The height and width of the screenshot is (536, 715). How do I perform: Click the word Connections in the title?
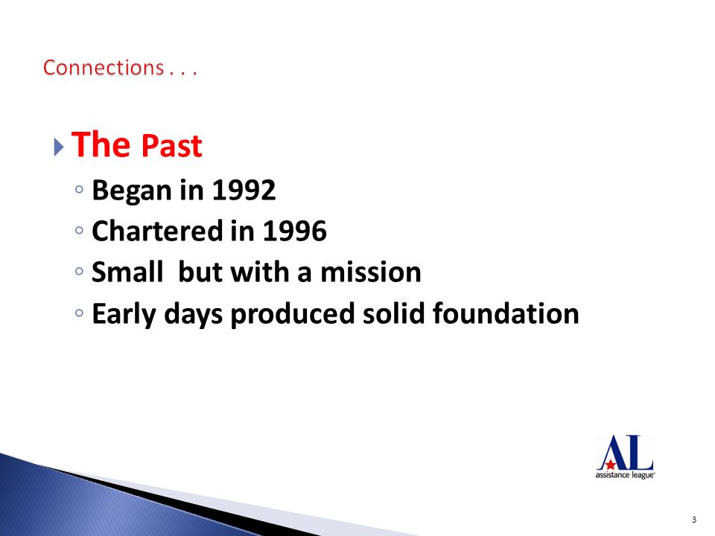pos(104,68)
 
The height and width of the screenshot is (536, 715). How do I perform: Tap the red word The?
pos(101,144)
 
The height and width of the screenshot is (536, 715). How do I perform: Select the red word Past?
pos(171,146)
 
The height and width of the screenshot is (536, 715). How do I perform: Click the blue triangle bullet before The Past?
pos(58,147)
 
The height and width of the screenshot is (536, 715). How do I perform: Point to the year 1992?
pos(244,190)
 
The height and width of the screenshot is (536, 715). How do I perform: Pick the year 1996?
pos(295,231)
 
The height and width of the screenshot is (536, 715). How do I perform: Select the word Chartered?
pos(157,231)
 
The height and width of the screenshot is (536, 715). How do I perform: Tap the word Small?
pos(127,272)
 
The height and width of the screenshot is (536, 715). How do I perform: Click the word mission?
pos(371,272)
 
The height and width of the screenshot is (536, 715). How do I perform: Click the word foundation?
pos(505,313)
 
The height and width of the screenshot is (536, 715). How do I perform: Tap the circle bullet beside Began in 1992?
pos(80,188)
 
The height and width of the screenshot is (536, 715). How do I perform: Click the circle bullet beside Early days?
pos(80,313)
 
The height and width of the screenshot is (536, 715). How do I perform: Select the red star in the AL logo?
pos(610,465)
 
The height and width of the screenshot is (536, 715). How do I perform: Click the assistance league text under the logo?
pos(625,476)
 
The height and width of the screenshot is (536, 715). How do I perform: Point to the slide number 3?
pos(694,520)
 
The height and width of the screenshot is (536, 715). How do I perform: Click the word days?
pos(194,314)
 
